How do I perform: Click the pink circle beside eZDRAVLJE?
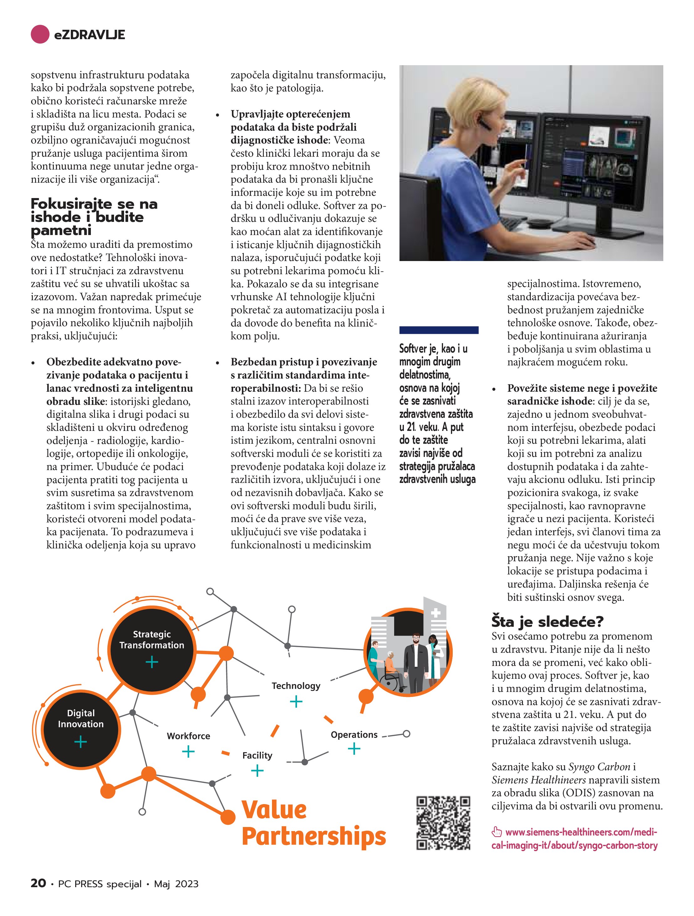(40, 34)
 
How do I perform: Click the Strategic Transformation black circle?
(152, 649)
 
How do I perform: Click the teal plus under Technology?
(296, 701)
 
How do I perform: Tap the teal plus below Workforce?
(188, 751)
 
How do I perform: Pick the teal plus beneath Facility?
(257, 771)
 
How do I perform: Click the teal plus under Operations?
(354, 748)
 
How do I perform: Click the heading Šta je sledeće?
(547, 621)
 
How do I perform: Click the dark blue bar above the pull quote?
(439, 330)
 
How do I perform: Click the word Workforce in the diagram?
(188, 736)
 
